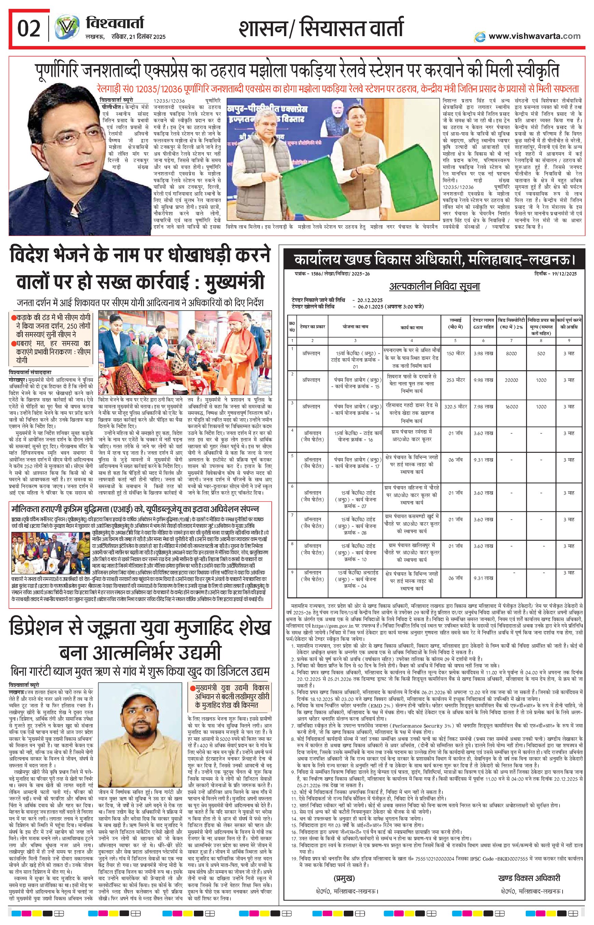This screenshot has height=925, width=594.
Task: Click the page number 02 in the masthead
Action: (x=29, y=29)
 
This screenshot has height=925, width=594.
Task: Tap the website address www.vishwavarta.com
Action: (x=534, y=36)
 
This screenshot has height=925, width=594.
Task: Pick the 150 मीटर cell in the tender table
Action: (x=455, y=353)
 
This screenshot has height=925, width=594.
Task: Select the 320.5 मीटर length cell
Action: (x=455, y=406)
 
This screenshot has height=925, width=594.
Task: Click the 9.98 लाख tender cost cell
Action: (x=483, y=380)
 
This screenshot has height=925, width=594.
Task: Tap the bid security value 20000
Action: (x=511, y=380)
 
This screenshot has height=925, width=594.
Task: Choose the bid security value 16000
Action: (x=511, y=406)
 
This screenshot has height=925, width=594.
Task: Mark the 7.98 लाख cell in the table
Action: (x=483, y=406)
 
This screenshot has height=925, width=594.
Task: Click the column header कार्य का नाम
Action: (x=412, y=327)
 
